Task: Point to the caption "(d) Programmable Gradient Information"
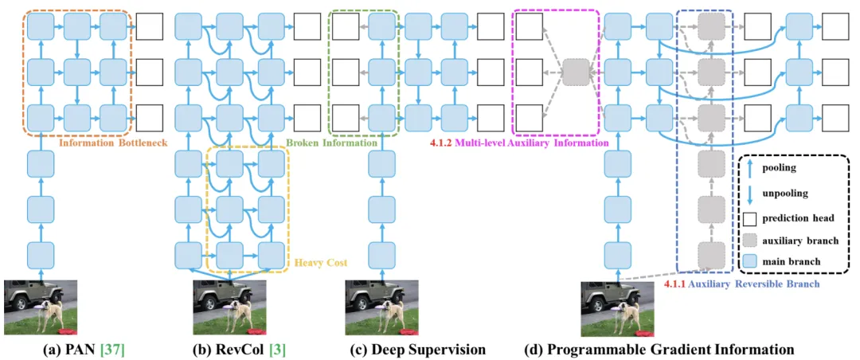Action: pos(659,348)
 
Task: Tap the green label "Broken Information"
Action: pos(330,143)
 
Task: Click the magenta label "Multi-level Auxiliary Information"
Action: pos(529,143)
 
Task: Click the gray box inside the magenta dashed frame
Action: pos(574,72)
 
